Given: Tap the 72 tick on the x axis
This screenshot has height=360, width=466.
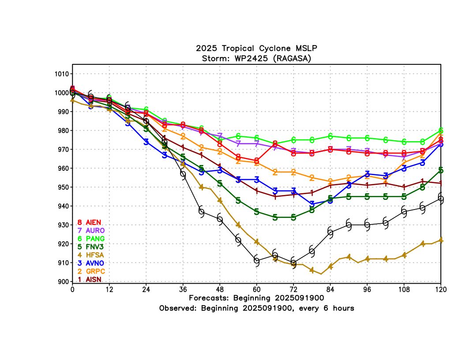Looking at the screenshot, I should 293,289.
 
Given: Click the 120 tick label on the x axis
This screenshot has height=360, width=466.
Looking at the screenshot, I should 441,289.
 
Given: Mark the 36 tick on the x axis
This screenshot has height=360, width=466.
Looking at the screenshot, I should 183,289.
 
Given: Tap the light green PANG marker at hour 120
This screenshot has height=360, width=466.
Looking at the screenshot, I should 441,131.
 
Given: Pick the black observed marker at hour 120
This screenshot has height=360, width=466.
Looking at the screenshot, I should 441,199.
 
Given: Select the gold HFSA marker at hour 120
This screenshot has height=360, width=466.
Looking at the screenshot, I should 441,240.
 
